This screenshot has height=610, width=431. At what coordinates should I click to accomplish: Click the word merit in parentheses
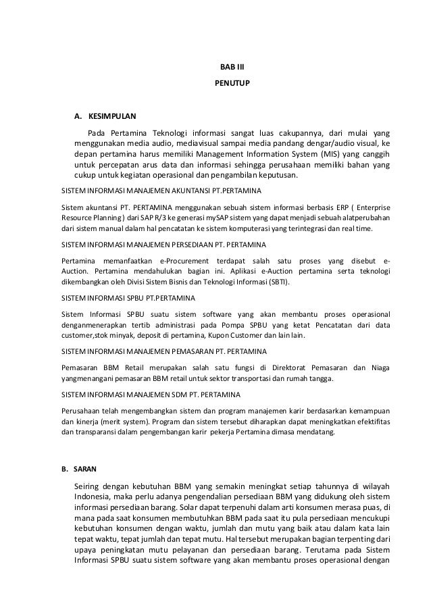coord(107,422)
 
